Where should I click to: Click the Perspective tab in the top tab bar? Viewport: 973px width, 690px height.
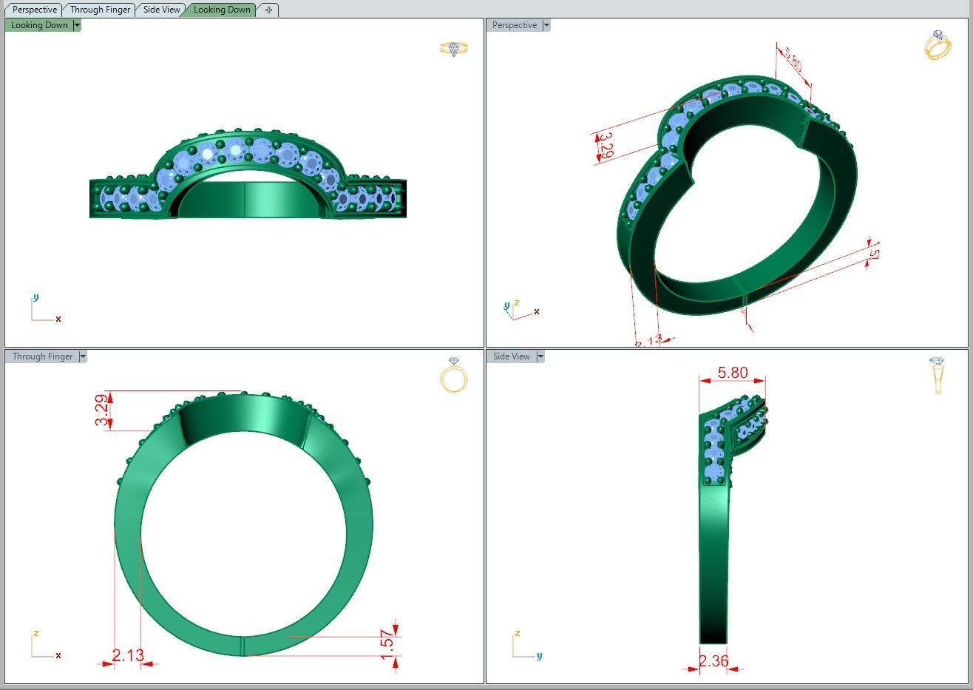(35, 10)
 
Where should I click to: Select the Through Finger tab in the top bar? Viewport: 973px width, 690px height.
(101, 10)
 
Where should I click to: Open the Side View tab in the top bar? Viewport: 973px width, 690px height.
(161, 10)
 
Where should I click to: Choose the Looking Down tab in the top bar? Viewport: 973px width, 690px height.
(222, 10)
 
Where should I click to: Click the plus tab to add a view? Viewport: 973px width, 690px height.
(268, 10)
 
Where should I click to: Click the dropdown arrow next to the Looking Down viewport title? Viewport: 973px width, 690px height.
(77, 25)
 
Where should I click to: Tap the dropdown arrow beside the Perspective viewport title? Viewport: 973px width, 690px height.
(546, 25)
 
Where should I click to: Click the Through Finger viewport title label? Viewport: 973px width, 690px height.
(42, 356)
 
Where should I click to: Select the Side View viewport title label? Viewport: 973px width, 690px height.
(511, 356)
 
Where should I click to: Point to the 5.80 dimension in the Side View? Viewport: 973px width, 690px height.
(733, 373)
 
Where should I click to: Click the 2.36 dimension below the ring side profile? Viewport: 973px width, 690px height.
(713, 661)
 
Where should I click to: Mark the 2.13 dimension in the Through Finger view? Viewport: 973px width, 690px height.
(128, 655)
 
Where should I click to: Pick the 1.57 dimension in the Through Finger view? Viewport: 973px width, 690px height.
(387, 643)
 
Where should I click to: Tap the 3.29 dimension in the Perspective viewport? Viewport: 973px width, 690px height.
(605, 145)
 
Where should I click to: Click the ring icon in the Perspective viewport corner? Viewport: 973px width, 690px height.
(937, 45)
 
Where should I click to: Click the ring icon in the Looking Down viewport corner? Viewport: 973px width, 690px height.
(454, 49)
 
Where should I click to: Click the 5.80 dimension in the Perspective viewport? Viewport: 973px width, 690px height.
(793, 59)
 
